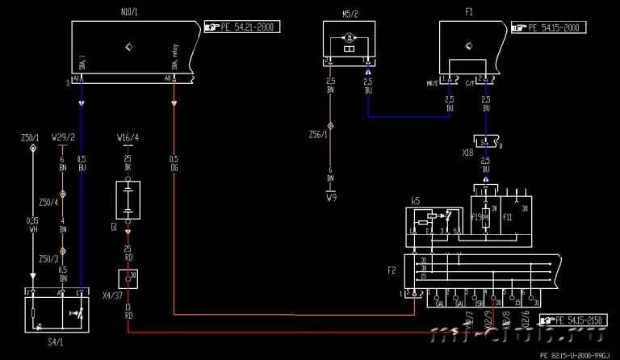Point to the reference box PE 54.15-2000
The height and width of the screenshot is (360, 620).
coord(549,27)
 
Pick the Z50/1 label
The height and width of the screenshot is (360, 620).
coord(31,138)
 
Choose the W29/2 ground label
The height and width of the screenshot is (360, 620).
coord(63,138)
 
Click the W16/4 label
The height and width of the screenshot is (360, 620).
coord(128,138)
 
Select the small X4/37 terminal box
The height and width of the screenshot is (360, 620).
coord(128,278)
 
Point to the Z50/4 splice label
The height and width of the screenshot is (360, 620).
coord(48,201)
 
